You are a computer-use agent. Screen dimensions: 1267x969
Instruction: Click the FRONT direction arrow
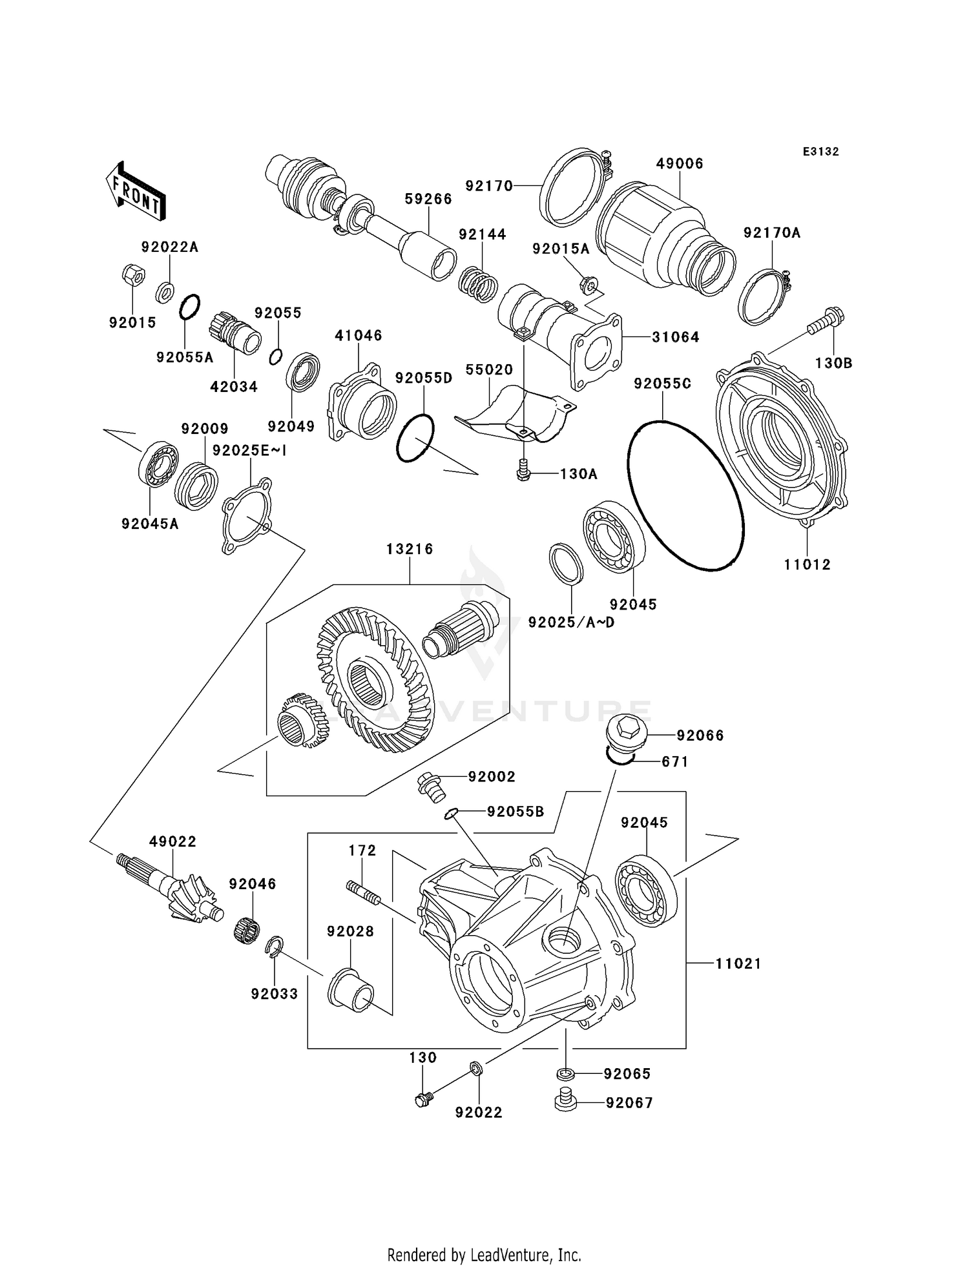[136, 192]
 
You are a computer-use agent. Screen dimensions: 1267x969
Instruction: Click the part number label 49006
[679, 163]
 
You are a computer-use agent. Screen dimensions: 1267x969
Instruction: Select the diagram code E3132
[820, 152]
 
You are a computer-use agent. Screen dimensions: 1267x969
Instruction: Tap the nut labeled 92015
[132, 275]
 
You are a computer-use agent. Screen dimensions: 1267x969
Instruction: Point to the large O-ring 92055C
[685, 495]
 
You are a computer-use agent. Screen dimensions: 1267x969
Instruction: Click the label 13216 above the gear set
[410, 549]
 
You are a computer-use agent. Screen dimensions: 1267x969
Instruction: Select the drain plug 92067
[565, 1099]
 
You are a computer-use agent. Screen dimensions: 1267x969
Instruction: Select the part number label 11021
[738, 963]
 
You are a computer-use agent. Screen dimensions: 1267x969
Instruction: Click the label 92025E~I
[249, 451]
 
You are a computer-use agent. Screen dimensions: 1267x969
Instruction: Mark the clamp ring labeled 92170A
[762, 296]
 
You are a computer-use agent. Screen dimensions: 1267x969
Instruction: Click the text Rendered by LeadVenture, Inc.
[484, 1255]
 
